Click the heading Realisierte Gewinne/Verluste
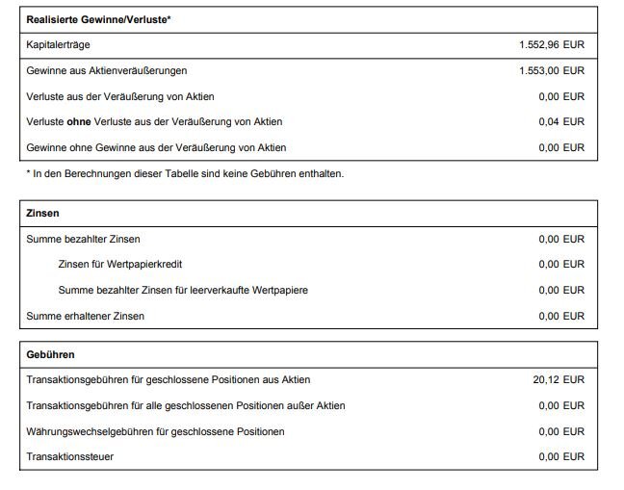click(97, 19)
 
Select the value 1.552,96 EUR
click(551, 45)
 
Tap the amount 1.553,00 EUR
click(551, 70)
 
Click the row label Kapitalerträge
click(59, 45)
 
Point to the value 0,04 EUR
click(561, 121)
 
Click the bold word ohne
click(79, 121)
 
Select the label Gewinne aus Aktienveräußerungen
click(106, 70)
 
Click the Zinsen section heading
click(43, 213)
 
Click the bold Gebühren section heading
click(51, 354)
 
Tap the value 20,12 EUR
click(559, 380)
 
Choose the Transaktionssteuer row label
click(70, 456)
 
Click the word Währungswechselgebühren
click(91, 431)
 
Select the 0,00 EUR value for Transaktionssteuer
click(561, 456)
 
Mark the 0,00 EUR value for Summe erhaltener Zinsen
click(561, 316)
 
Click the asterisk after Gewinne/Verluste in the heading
click(169, 18)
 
